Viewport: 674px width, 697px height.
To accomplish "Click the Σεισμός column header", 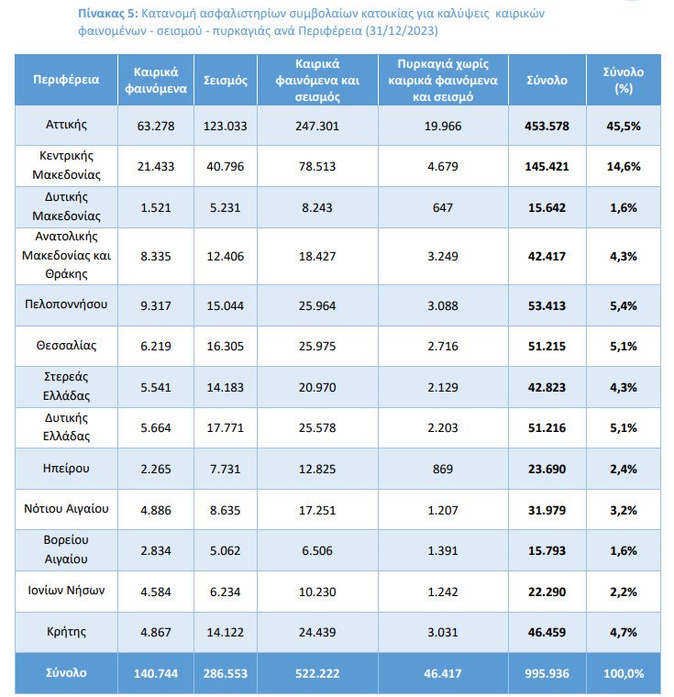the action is [x=225, y=81].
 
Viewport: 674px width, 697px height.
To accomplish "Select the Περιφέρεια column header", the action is [x=66, y=80].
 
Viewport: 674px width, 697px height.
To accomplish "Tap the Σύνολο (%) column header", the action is [x=624, y=80].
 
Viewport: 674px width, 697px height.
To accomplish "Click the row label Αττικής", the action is [x=66, y=124].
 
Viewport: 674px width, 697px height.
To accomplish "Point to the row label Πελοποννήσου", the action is [x=66, y=304].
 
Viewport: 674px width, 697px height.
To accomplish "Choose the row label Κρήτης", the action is [x=66, y=632].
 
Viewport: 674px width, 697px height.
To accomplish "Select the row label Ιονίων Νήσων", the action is [x=66, y=591].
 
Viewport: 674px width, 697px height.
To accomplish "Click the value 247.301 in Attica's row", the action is [x=317, y=127].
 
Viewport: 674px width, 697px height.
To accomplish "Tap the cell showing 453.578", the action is [x=547, y=127].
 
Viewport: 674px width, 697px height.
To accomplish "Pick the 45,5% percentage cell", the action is [x=624, y=127].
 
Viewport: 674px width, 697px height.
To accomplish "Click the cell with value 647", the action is [x=443, y=207].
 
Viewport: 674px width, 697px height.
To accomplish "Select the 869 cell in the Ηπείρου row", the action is [x=443, y=469].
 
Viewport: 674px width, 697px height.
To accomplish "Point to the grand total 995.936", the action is [x=547, y=673].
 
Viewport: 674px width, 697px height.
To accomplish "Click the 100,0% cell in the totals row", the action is [x=624, y=673].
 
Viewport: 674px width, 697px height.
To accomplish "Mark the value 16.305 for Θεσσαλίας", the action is [x=225, y=347].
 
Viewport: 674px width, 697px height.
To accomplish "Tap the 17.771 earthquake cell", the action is [x=225, y=428].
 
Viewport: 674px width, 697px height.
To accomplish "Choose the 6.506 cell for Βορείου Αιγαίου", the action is [x=317, y=551].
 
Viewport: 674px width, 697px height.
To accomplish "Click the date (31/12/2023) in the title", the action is [x=402, y=30].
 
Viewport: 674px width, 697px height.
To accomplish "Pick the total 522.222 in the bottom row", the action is [x=317, y=673].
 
